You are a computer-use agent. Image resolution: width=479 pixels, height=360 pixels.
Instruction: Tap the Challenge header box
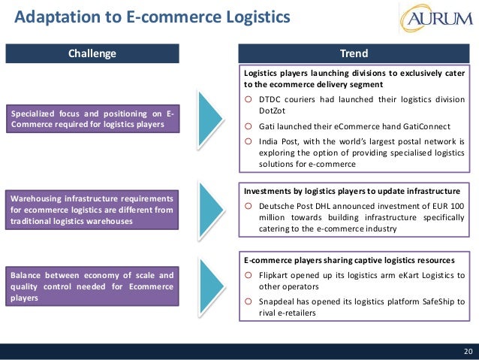92,53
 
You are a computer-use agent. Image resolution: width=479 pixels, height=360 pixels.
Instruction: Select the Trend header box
354,53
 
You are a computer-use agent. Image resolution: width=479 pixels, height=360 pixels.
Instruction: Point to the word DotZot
274,110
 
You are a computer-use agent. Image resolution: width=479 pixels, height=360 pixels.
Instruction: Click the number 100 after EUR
456,205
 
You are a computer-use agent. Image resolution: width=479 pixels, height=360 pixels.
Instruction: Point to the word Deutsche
277,205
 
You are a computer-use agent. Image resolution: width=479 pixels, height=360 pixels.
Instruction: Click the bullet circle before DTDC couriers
249,98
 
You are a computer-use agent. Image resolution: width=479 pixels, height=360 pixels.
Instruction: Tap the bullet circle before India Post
249,140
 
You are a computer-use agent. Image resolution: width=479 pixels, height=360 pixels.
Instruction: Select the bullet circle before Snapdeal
249,302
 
